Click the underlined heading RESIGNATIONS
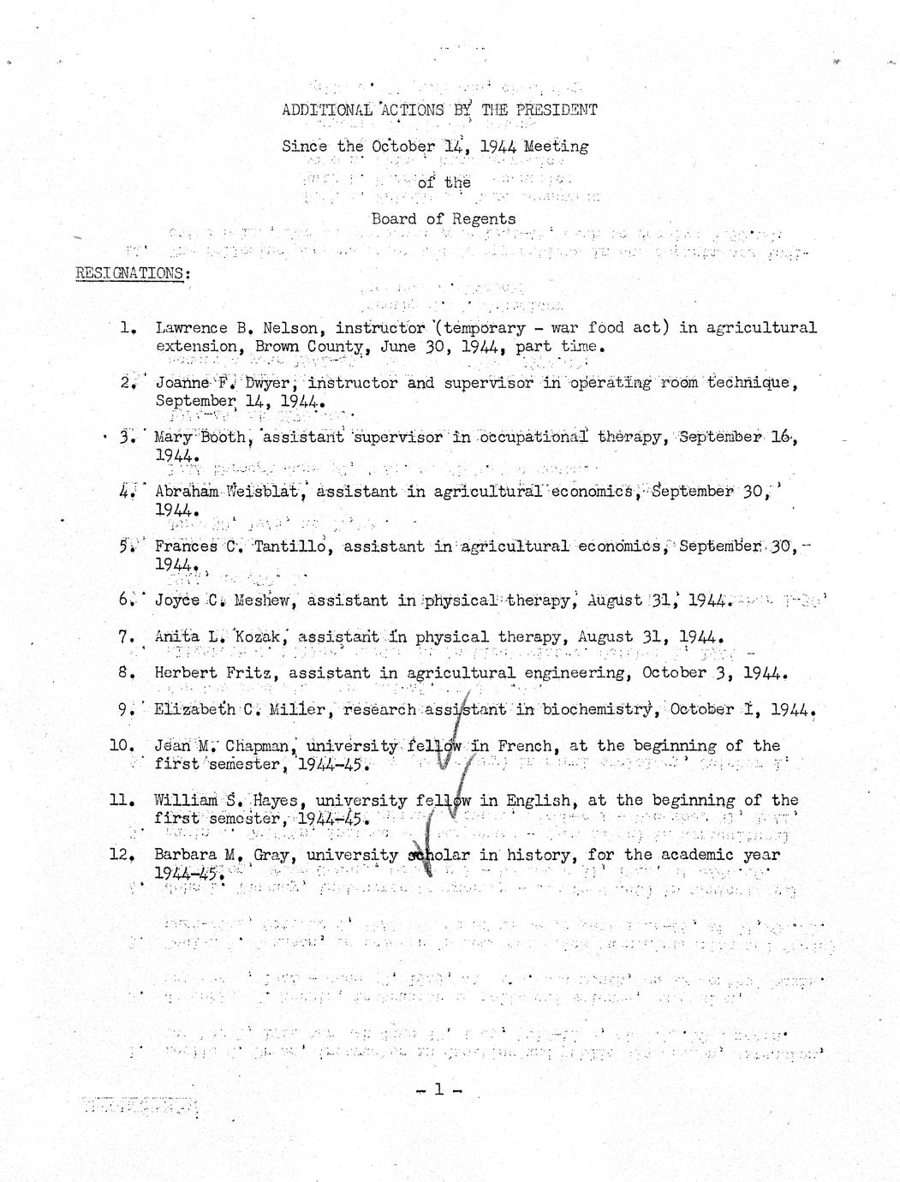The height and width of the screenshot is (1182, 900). (133, 273)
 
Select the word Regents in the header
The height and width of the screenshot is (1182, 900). (484, 219)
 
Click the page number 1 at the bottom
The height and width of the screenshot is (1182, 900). (438, 1089)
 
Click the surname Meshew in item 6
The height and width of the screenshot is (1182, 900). (263, 600)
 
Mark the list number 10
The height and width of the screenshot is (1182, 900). (122, 746)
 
